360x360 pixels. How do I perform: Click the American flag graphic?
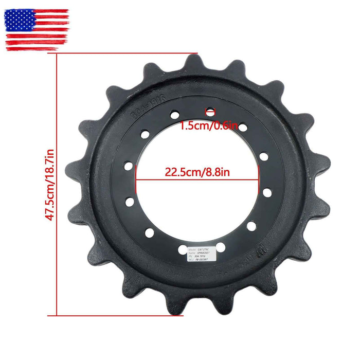[x=37, y=29]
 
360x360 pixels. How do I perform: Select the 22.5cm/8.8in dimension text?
[x=197, y=172]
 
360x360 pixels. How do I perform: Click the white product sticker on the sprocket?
[x=203, y=253]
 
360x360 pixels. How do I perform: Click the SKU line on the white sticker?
[x=202, y=260]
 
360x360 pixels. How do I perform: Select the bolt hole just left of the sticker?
[x=183, y=250]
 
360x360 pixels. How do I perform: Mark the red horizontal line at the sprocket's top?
[x=126, y=53]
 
